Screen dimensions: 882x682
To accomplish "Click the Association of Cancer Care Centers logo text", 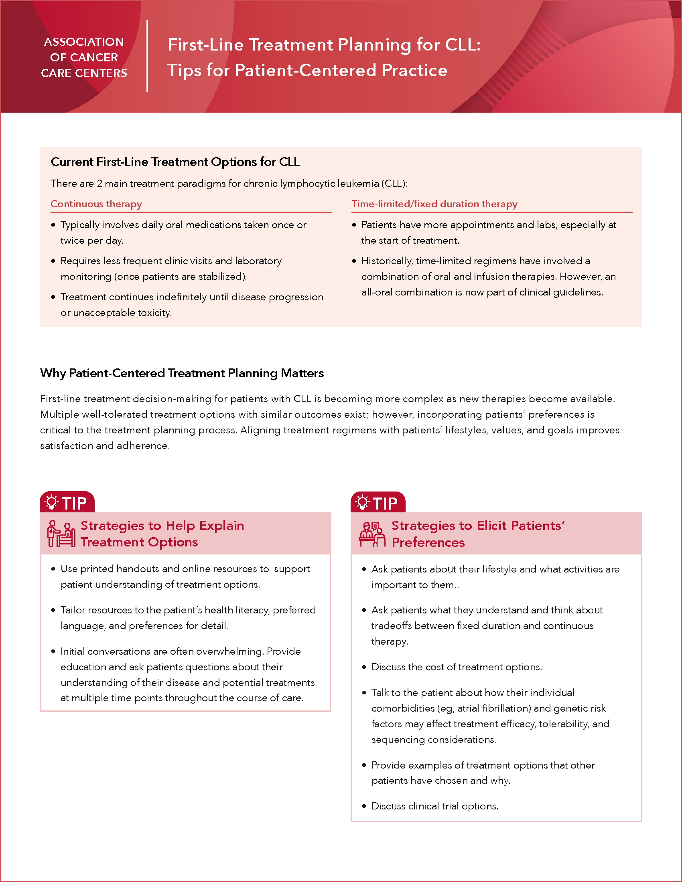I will coord(84,57).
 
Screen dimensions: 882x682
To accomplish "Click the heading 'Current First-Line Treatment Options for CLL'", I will coord(175,162).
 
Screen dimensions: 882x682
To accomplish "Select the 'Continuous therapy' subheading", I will coord(96,204).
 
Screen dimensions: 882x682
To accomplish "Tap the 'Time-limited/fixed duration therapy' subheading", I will coord(434,204).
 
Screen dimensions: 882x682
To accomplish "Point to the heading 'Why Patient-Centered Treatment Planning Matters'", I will coord(182,373).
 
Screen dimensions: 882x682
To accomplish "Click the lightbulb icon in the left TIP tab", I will coord(51,502).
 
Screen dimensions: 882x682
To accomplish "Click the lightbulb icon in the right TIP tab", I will coord(362,502).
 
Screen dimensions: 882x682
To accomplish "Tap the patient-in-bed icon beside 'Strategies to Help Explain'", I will coord(61,534).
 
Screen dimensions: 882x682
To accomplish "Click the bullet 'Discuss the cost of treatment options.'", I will coord(457,667).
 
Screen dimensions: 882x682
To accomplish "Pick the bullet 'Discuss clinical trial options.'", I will coord(435,806).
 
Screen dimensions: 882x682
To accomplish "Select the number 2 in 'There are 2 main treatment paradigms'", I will coord(99,184).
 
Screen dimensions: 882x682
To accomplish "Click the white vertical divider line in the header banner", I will coord(147,56).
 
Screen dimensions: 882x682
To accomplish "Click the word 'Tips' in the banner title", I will coord(184,70).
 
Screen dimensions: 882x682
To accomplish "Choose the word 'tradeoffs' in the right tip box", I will coord(393,625).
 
